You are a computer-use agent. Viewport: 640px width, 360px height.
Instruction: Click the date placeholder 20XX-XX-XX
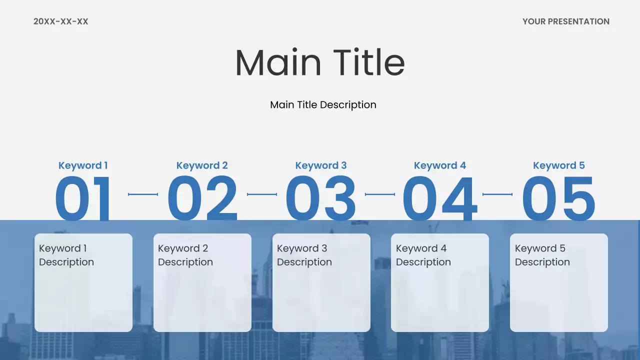[60, 21]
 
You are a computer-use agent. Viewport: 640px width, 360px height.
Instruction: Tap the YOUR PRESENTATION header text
[565, 21]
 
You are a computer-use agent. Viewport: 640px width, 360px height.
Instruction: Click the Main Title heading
[320, 62]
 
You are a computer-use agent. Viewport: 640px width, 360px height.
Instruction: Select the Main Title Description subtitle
[323, 105]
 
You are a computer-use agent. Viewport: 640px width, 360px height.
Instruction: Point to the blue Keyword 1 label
[83, 165]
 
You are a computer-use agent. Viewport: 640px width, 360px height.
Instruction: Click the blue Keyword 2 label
[202, 165]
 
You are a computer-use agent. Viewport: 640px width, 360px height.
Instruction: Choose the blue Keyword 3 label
[321, 165]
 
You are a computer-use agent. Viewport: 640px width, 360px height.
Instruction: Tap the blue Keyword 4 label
[440, 165]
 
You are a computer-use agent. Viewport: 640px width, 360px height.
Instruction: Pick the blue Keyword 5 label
[558, 165]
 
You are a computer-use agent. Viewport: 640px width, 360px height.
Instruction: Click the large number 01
[83, 198]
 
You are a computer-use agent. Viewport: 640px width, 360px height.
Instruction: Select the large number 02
[202, 198]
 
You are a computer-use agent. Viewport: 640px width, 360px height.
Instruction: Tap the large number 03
[320, 198]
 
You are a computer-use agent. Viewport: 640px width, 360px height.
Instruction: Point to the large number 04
[439, 198]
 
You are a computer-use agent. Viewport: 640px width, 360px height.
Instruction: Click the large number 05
[558, 198]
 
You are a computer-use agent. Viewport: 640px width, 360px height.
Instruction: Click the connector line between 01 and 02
[143, 194]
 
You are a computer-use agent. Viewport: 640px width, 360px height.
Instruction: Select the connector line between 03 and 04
[380, 194]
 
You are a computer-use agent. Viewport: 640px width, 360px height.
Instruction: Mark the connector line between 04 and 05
[497, 194]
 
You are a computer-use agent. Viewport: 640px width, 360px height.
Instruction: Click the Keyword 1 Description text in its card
[66, 255]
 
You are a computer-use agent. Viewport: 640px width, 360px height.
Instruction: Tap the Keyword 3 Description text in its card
[304, 255]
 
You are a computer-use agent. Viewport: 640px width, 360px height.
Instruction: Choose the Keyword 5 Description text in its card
[542, 255]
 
